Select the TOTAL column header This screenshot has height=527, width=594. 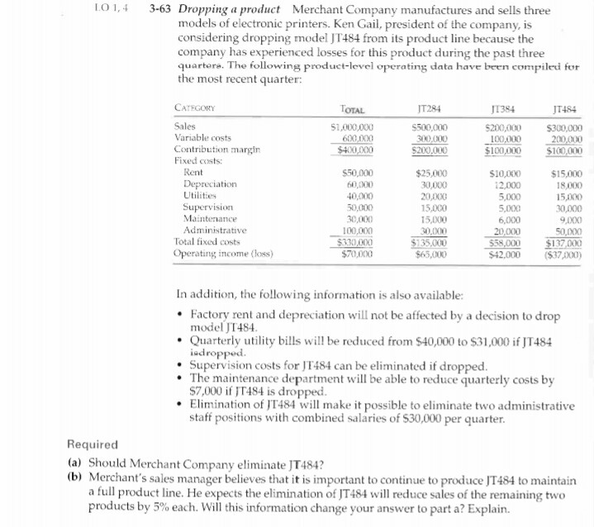[x=353, y=108]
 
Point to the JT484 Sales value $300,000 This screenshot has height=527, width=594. [x=564, y=128]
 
